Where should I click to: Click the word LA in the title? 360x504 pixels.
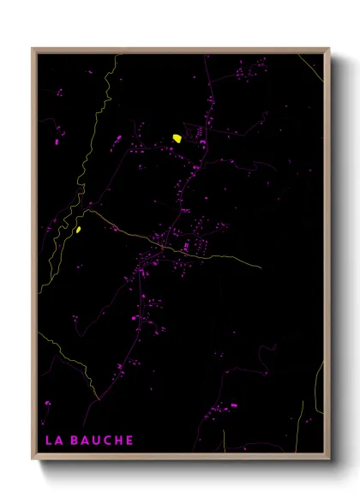tap(52, 441)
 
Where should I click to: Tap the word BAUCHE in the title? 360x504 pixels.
tap(102, 441)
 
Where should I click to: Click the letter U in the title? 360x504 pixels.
tap(96, 441)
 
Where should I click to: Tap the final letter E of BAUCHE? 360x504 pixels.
tap(128, 441)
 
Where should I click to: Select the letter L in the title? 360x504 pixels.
tap(48, 441)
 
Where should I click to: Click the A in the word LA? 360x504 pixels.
tap(57, 441)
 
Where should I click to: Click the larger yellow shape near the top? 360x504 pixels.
tap(177, 137)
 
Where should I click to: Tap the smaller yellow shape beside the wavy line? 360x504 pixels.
tap(78, 229)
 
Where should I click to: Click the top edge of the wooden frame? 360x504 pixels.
tap(180, 50)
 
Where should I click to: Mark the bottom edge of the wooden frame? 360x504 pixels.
tap(180, 459)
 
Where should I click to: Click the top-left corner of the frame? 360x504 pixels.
tap(34, 50)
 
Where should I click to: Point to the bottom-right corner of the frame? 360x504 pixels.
tap(327, 459)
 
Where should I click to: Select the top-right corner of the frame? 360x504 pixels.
tap(327, 50)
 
